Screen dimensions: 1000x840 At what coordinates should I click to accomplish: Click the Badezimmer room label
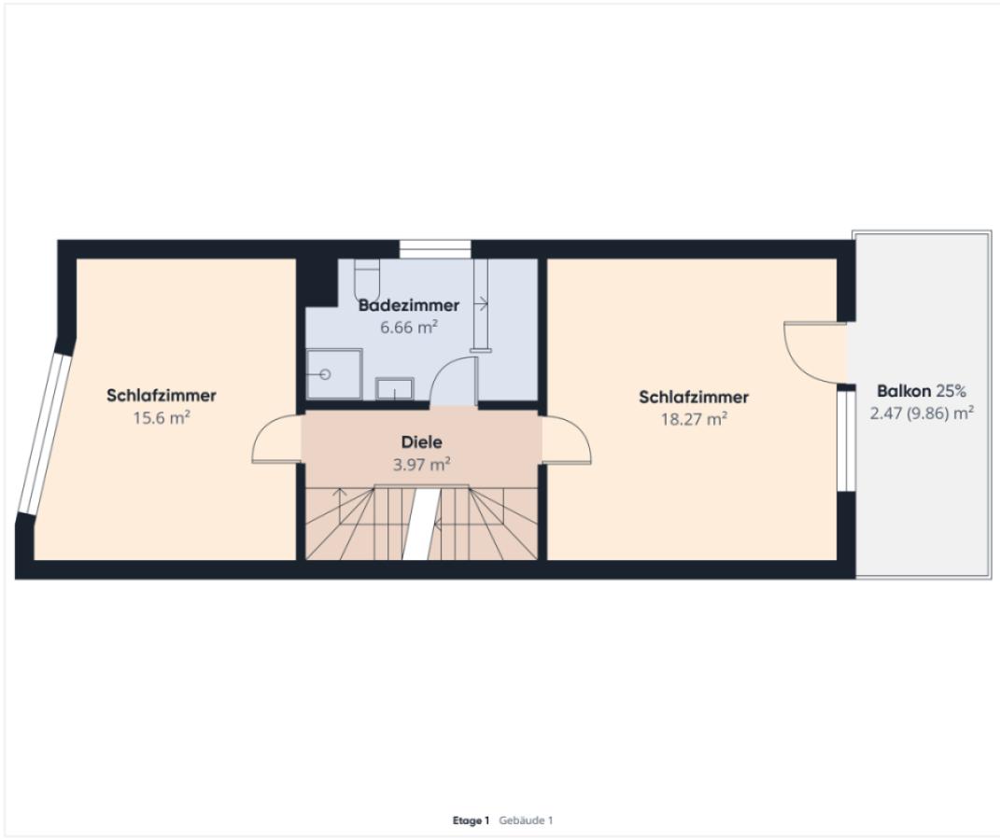[409, 305]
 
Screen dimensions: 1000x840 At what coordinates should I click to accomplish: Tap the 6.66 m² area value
[409, 328]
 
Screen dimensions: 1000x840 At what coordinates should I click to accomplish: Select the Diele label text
[421, 441]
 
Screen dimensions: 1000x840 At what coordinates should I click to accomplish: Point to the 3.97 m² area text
[421, 464]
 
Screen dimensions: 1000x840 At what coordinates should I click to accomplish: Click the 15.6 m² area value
[162, 417]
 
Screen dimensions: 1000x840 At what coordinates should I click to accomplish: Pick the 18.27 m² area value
[694, 419]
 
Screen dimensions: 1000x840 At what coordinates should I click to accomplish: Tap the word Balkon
[904, 391]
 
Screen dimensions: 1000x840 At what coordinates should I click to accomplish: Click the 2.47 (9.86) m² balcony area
[922, 413]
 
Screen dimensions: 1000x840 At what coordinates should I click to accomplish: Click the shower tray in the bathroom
[334, 373]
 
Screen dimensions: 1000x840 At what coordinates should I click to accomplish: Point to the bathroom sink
[394, 388]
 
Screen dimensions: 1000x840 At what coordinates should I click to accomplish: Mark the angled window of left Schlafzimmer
[45, 433]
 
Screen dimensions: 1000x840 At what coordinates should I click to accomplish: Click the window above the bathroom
[435, 248]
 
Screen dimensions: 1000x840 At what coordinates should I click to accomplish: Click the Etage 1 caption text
[471, 820]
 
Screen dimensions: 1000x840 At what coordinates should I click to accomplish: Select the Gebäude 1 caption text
[527, 820]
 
